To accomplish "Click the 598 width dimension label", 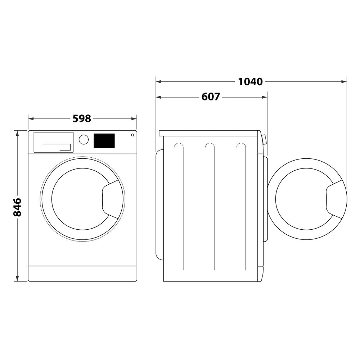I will click(x=82, y=118).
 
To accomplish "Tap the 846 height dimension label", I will click(x=17, y=207).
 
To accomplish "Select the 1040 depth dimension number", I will click(x=250, y=82).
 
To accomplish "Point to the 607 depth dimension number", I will click(x=211, y=97).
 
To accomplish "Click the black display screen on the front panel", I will click(x=104, y=141).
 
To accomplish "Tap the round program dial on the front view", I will click(x=84, y=140).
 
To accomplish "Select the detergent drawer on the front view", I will click(x=53, y=142).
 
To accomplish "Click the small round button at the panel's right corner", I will click(x=132, y=135).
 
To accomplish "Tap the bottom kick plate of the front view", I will click(x=82, y=274).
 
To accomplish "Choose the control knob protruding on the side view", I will click(x=265, y=139).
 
